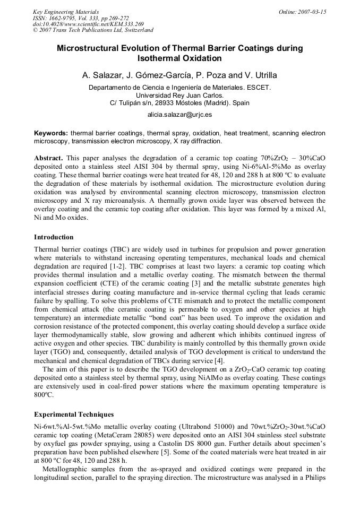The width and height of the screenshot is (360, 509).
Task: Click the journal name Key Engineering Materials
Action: (x=66, y=12)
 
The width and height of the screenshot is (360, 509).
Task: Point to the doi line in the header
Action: (x=88, y=24)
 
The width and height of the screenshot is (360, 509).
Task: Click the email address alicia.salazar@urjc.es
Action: (x=179, y=115)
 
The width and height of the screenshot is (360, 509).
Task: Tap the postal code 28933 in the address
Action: (x=171, y=102)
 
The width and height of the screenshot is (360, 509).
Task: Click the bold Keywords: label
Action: (x=51, y=133)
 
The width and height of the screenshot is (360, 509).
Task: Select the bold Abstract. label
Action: (x=49, y=158)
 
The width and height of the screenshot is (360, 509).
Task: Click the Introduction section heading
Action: (x=54, y=237)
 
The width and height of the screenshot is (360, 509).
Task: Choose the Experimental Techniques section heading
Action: (x=74, y=414)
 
